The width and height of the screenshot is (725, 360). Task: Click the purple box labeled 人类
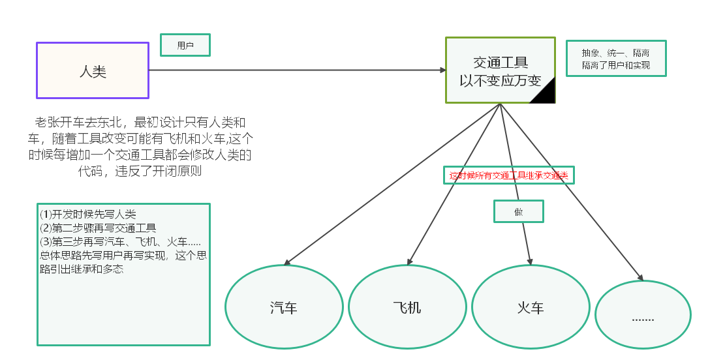pyautogui.click(x=93, y=70)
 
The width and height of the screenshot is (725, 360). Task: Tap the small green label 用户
pyautogui.click(x=185, y=45)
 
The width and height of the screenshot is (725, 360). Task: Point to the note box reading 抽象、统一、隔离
pyautogui.click(x=615, y=59)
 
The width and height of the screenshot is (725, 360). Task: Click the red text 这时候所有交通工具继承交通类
pyautogui.click(x=508, y=175)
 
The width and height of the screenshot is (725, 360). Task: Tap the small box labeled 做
pyautogui.click(x=518, y=211)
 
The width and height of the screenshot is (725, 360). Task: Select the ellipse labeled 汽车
pyautogui.click(x=284, y=307)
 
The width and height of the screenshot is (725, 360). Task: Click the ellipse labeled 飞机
pyautogui.click(x=407, y=307)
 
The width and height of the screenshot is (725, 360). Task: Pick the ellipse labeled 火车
pyautogui.click(x=531, y=307)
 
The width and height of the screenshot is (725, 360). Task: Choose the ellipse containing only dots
pyautogui.click(x=643, y=317)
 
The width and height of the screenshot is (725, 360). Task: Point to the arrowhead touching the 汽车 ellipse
pyautogui.click(x=286, y=263)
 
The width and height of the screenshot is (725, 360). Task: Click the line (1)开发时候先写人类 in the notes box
pyautogui.click(x=88, y=215)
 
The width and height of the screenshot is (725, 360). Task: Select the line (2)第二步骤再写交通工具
pyautogui.click(x=98, y=228)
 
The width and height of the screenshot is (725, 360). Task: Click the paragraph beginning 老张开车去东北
pyautogui.click(x=140, y=147)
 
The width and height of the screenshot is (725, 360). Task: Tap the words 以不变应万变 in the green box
pyautogui.click(x=500, y=81)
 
